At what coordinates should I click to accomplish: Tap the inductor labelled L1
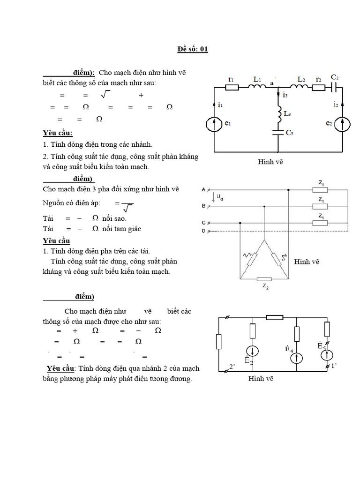[x=257, y=87]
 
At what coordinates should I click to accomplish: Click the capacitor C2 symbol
[x=334, y=87]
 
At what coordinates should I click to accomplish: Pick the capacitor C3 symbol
[x=278, y=133]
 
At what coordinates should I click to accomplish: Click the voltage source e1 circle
[x=215, y=124]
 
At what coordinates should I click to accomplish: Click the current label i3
[x=285, y=95]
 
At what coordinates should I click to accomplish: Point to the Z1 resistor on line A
[x=320, y=190]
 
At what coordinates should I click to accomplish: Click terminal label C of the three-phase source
[x=203, y=222]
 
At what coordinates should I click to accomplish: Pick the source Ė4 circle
[x=296, y=359]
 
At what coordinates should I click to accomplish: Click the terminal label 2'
[x=232, y=366]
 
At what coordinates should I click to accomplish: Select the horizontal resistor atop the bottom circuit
[x=274, y=317]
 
